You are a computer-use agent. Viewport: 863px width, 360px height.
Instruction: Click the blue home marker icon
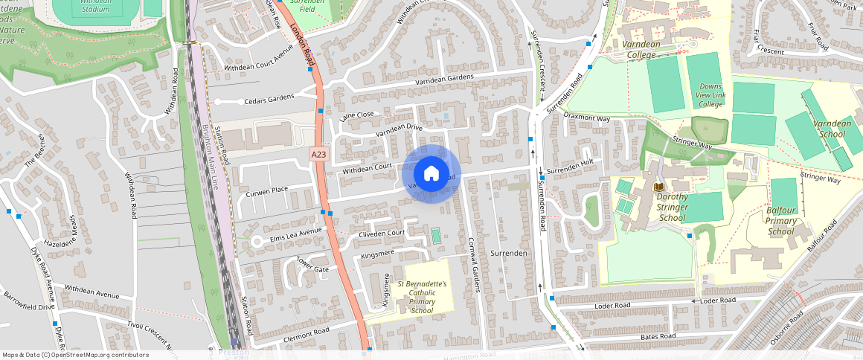pos(431,174)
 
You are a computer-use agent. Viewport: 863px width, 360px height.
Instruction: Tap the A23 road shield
pos(318,154)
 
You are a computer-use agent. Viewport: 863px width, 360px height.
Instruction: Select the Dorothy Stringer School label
pos(672,208)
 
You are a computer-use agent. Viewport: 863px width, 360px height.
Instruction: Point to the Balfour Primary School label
pos(781,221)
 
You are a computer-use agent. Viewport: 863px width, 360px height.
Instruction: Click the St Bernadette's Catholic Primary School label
pos(422,297)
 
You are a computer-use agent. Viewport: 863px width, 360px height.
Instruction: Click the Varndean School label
pos(832,129)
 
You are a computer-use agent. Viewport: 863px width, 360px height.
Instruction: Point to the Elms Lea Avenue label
pos(295,234)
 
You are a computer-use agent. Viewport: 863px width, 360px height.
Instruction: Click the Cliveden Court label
pos(382,233)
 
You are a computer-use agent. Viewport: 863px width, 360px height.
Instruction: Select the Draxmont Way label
pos(587,118)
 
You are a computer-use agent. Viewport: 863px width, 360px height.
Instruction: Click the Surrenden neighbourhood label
pos(509,254)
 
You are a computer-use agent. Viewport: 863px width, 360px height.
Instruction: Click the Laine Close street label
pos(356,115)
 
